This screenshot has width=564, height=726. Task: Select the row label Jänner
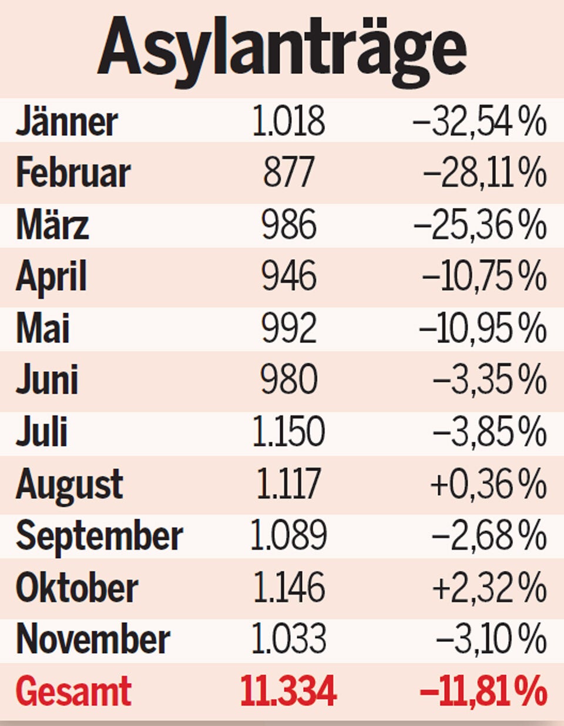click(x=66, y=122)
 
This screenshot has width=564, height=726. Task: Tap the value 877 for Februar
click(x=288, y=173)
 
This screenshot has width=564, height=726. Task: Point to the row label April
click(x=52, y=277)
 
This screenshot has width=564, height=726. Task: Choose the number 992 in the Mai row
click(x=288, y=328)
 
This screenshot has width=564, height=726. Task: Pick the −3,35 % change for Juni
click(x=489, y=380)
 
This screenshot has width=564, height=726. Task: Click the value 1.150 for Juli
click(x=288, y=432)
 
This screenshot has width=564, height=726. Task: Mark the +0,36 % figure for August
click(x=488, y=484)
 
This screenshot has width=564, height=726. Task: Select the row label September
click(x=99, y=536)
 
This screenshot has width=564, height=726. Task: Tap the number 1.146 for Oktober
click(x=288, y=587)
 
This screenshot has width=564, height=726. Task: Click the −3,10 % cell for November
click(x=491, y=639)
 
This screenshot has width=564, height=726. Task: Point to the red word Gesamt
click(x=73, y=691)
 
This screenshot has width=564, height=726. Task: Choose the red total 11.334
click(x=288, y=691)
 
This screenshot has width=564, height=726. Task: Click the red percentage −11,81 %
click(x=484, y=691)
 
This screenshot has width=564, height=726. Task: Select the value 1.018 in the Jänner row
click(x=288, y=122)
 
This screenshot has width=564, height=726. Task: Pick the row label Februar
click(x=73, y=173)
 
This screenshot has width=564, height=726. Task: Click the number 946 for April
click(x=288, y=277)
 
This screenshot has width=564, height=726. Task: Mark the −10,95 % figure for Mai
click(x=482, y=328)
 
